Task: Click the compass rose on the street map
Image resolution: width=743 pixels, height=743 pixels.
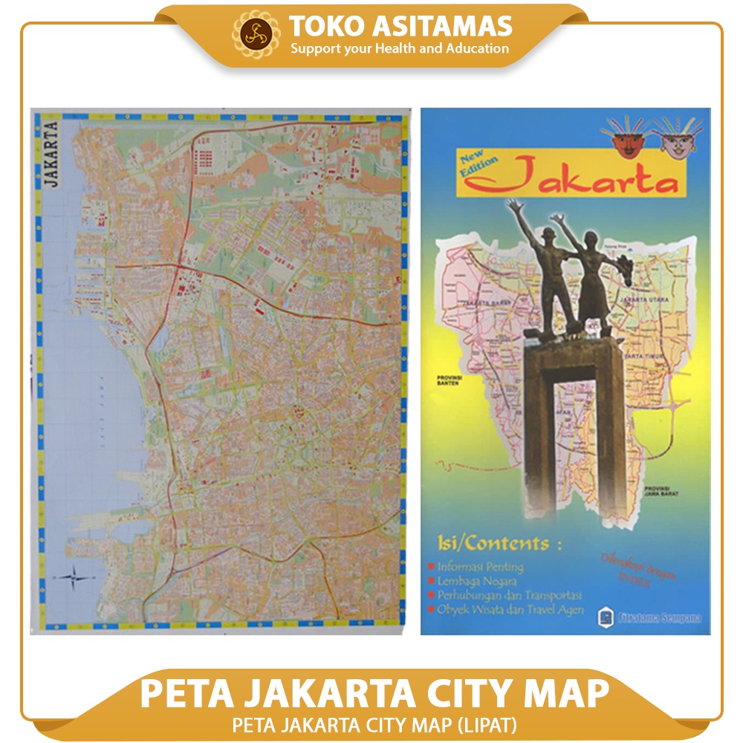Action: [77, 576]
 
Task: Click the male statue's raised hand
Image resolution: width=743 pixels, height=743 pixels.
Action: [511, 202]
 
